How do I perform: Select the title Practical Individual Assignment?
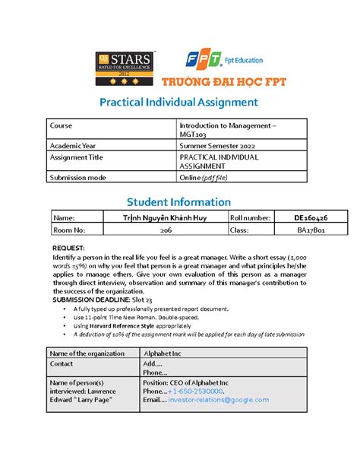pyautogui.click(x=180, y=102)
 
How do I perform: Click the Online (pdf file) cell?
pyautogui.click(x=203, y=177)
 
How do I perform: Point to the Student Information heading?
pyautogui.click(x=180, y=201)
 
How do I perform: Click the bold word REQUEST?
pyautogui.click(x=69, y=249)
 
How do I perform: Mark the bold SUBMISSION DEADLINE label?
pyautogui.click(x=96, y=301)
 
